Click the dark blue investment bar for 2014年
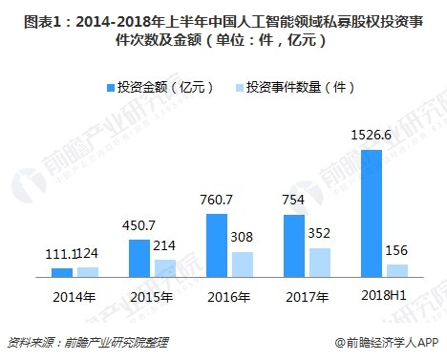[62, 272]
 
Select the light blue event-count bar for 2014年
[87, 271]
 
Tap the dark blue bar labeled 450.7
[139, 258]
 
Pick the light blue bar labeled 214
[165, 267]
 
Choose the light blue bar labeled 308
[243, 265]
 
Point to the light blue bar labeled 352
[320, 263]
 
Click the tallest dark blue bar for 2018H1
[372, 213]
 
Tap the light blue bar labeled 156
[397, 270]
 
